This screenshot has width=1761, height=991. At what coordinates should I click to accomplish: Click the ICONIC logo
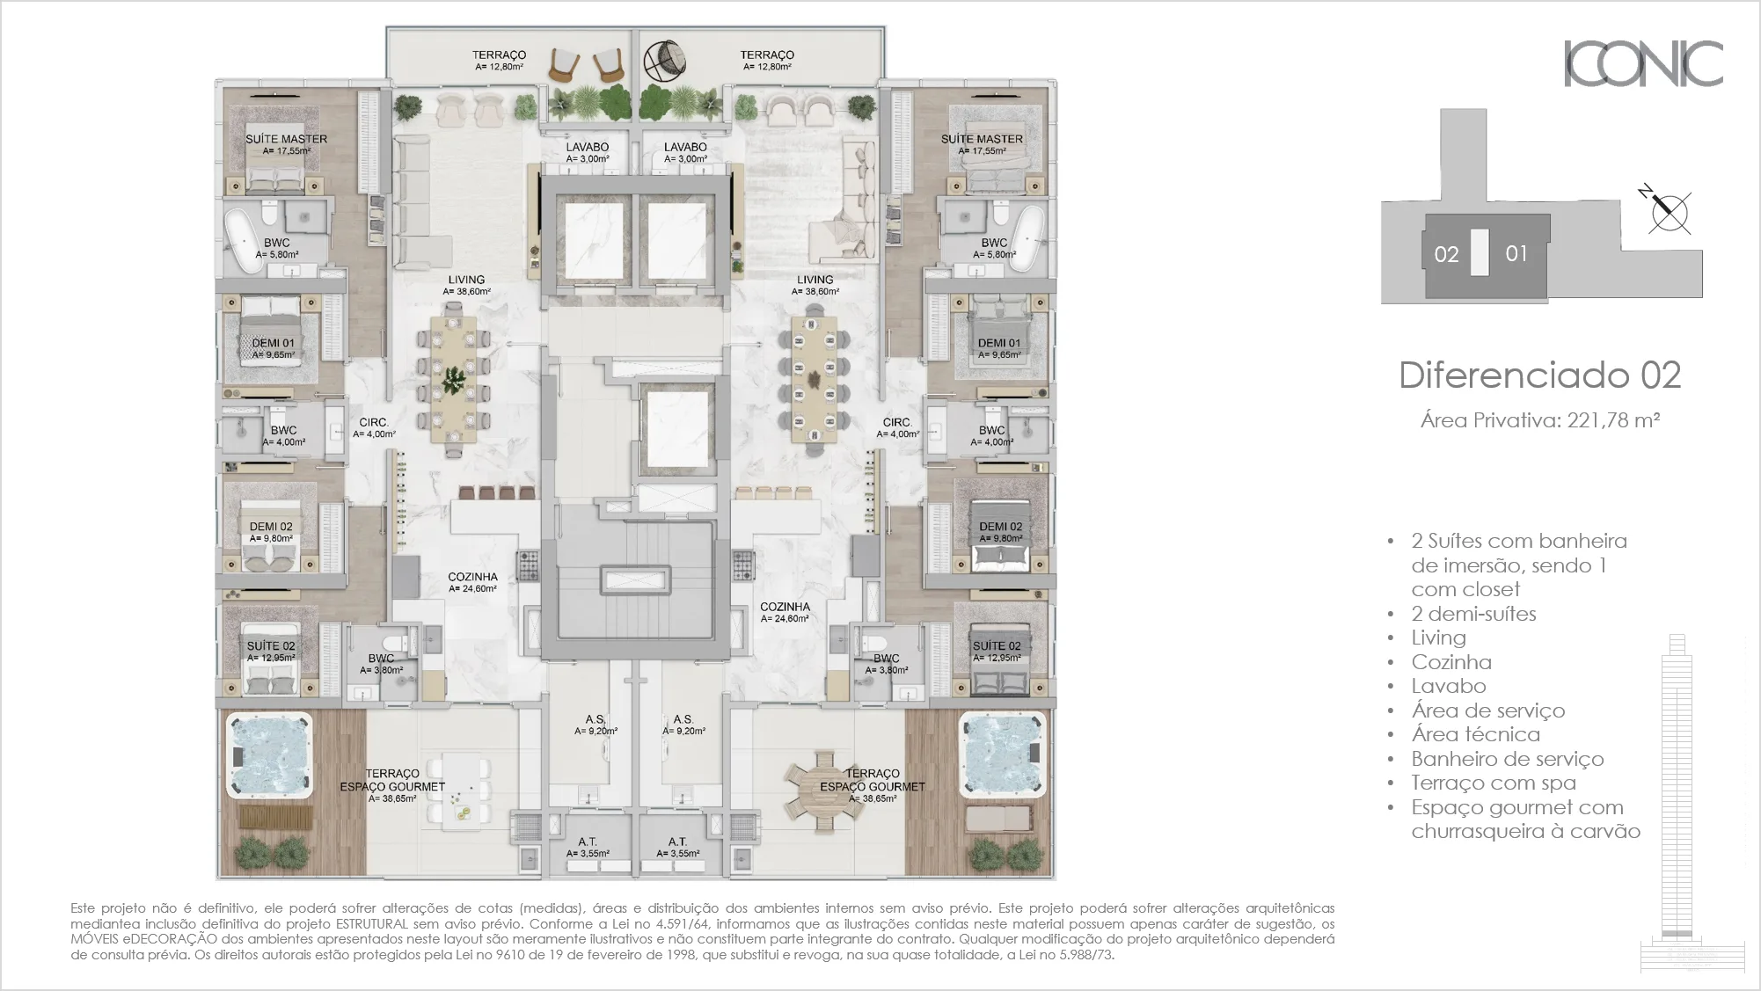[1642, 63]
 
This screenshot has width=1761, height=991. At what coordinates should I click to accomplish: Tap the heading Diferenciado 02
[1539, 375]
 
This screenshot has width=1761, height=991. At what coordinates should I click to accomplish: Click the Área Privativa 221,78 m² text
[1539, 420]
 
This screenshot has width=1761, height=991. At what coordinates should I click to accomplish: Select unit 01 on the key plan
[1516, 254]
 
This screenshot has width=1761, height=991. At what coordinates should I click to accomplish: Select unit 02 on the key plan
[1446, 255]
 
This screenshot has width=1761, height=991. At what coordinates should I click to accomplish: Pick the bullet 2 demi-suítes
[1473, 614]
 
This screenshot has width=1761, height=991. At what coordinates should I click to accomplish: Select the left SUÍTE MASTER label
[286, 139]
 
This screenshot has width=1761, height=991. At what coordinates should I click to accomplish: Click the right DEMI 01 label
[999, 344]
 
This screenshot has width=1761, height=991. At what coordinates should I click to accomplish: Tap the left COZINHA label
[472, 578]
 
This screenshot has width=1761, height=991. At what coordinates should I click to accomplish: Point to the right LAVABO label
[685, 148]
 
